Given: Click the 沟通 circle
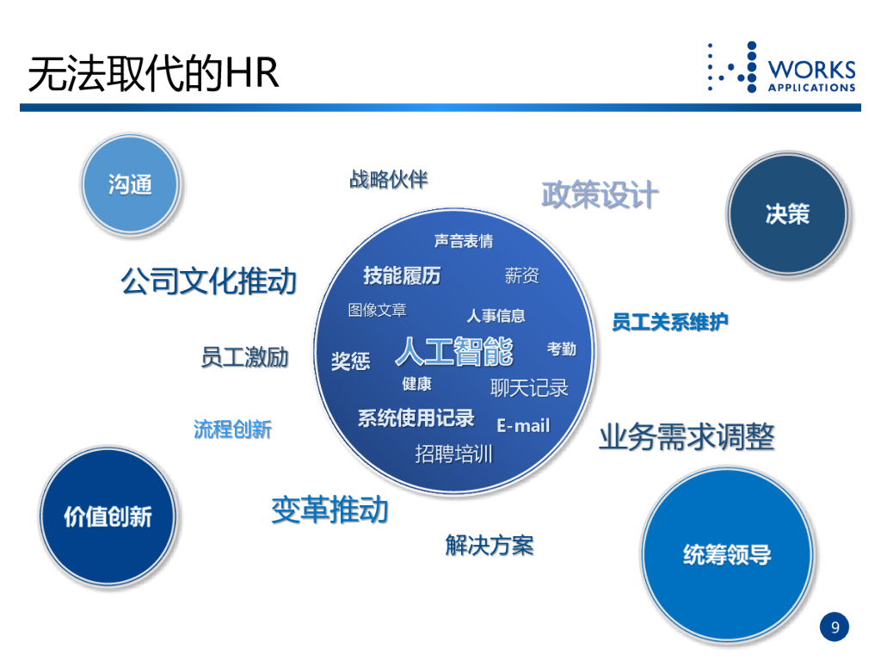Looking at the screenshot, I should tap(131, 183).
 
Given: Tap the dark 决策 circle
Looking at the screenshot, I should tap(787, 213).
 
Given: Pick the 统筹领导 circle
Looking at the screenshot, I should tap(727, 554).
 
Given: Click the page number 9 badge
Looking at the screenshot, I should tap(834, 627).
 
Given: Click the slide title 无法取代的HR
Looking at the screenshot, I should tap(154, 73).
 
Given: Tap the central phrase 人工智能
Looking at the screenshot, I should tap(454, 351).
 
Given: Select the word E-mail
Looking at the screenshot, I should tap(523, 425).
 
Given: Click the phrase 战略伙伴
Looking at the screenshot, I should tap(388, 179).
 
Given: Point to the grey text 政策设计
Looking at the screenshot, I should tap(600, 195).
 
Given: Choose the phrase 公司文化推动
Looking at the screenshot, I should tap(209, 281).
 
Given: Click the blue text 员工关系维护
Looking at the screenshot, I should tap(670, 322).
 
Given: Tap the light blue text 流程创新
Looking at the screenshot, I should tap(232, 429).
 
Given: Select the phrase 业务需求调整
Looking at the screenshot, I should tap(687, 436).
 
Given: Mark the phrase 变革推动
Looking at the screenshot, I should tap(330, 510).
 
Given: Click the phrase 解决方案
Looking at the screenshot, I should tap(490, 544).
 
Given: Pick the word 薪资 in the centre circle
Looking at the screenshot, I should tap(522, 275).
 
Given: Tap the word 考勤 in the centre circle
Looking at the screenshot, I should tap(562, 349).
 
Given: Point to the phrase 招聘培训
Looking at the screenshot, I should tap(453, 453).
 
